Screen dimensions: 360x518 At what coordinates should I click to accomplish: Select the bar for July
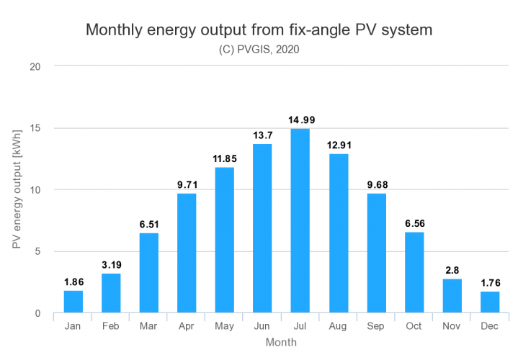point(299,221)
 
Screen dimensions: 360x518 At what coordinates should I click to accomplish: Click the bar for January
point(73,302)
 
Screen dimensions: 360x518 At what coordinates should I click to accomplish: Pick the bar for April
point(187,253)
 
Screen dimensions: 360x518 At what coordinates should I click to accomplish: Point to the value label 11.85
point(224,158)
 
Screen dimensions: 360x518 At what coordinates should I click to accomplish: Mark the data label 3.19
point(111,265)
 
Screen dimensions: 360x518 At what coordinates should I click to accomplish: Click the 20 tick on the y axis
point(35,67)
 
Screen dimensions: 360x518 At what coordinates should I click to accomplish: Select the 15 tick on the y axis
point(35,128)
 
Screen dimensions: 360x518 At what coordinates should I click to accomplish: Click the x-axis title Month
point(280,343)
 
